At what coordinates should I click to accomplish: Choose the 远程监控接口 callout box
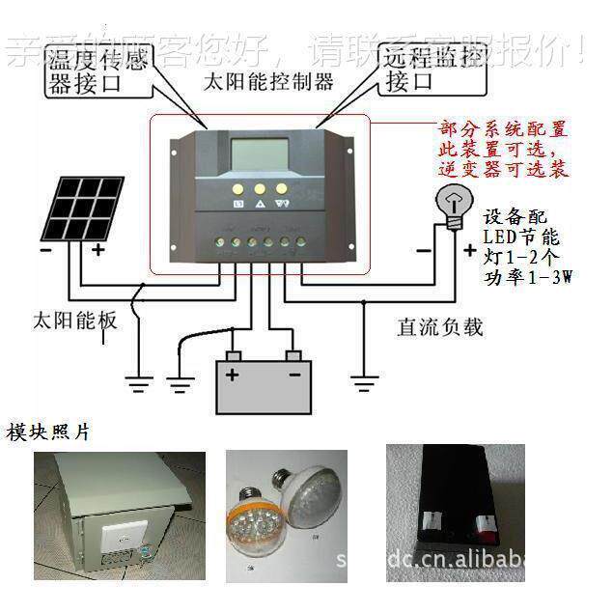point(429,70)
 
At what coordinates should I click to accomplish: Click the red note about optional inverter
point(502,150)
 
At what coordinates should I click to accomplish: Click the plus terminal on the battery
point(232,372)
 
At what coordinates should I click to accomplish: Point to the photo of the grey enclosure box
point(120,513)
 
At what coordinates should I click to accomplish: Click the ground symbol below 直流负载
point(363,386)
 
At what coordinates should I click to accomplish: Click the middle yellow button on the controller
point(260,188)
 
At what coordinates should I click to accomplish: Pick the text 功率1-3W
point(527,279)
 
